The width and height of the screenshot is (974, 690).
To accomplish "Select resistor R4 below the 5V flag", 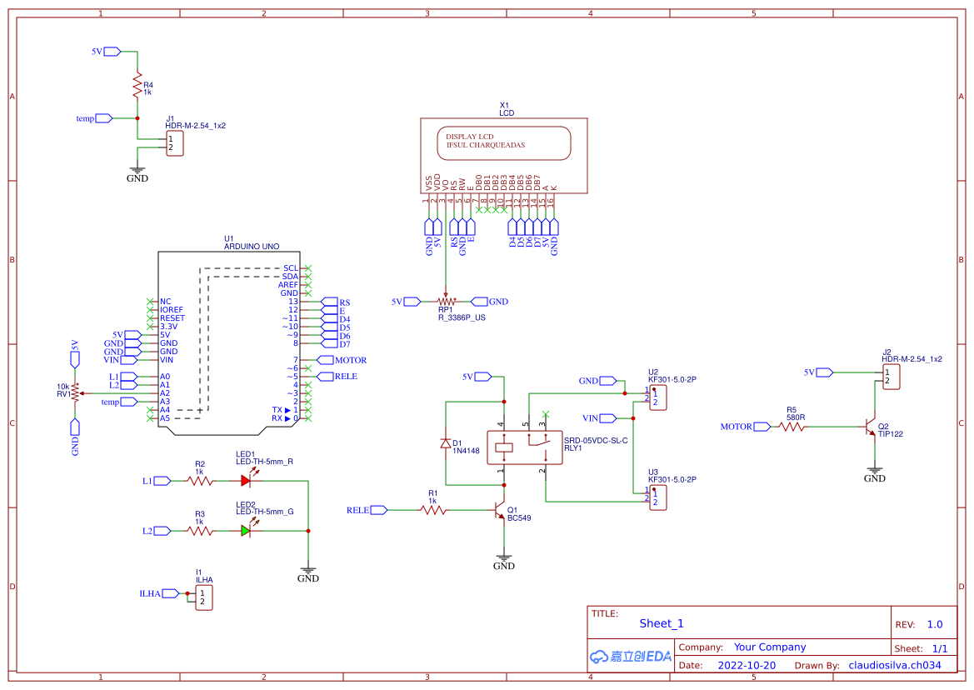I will [x=137, y=85].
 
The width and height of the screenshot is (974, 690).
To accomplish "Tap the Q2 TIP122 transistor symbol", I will [x=871, y=427].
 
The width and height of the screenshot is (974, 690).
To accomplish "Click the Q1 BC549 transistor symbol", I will [x=500, y=511].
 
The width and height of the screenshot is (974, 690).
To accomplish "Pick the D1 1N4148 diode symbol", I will [x=446, y=444].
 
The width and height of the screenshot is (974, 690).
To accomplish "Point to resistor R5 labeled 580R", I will [x=792, y=427].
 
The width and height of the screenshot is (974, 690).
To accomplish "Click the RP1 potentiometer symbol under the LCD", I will [x=446, y=302].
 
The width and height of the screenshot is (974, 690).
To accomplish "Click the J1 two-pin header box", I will [x=174, y=143].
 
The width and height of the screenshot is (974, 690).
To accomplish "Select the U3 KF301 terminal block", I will [x=657, y=497].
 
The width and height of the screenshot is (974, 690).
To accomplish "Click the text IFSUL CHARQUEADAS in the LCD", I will [x=486, y=145].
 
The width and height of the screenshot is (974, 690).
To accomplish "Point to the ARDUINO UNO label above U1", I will [x=252, y=247].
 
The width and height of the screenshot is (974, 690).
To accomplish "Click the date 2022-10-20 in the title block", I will [x=746, y=665].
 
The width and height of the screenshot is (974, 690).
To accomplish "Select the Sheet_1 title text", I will [x=662, y=623].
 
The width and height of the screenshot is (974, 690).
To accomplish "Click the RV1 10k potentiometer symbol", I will [x=75, y=392].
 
